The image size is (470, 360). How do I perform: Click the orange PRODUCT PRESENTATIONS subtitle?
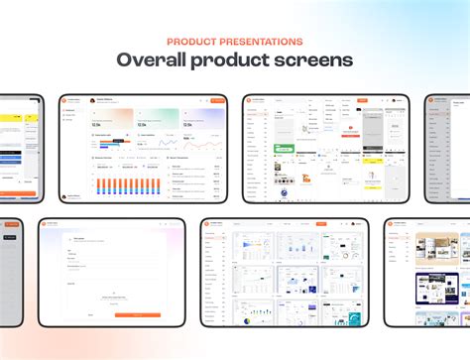coord(235,42)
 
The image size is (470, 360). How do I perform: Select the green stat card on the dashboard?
coord(158,118)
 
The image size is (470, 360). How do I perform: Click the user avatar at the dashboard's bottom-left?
coord(66,196)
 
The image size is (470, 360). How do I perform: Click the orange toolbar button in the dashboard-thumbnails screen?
coord(320,224)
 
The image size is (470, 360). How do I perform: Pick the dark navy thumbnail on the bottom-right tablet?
coord(432,316)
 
